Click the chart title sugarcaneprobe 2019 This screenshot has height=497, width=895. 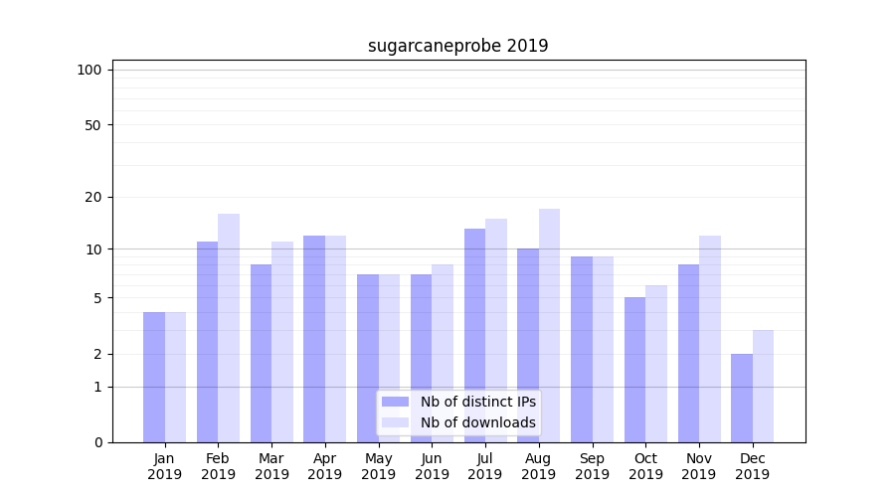pos(457,46)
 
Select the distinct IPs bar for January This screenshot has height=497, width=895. pos(154,377)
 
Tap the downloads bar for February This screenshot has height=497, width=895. pos(229,328)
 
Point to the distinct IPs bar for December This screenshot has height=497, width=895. pos(742,398)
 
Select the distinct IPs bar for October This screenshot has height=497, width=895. pos(634,370)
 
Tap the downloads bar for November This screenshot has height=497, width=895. pos(710,339)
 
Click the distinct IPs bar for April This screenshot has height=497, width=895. pos(314,339)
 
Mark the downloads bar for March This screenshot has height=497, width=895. pos(282,342)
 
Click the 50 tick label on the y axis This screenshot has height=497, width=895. pos(93,125)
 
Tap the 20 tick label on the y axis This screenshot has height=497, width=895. pos(93,197)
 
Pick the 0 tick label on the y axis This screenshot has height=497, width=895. pos(97,442)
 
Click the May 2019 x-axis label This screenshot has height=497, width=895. pos(378,466)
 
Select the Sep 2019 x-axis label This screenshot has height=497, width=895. pos(592,466)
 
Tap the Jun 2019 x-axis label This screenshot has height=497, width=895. pos(432,466)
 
